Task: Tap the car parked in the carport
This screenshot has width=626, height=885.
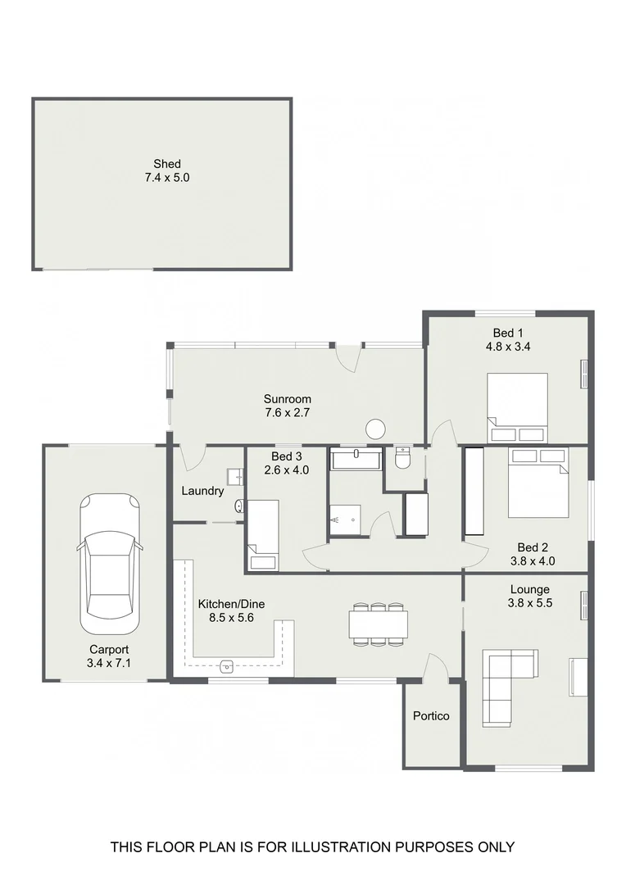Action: (109, 556)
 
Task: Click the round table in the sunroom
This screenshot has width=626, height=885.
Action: (376, 429)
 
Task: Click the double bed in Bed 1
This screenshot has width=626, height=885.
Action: (517, 401)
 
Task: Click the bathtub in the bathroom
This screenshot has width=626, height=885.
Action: (356, 459)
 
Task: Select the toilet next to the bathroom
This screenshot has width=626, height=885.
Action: (401, 459)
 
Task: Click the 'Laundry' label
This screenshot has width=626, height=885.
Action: (202, 492)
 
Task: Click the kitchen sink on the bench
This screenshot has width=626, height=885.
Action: (227, 665)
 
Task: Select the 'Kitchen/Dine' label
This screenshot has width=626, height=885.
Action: (231, 605)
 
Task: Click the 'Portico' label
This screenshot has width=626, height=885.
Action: (431, 716)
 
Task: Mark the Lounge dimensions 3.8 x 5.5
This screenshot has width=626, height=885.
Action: (529, 603)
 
